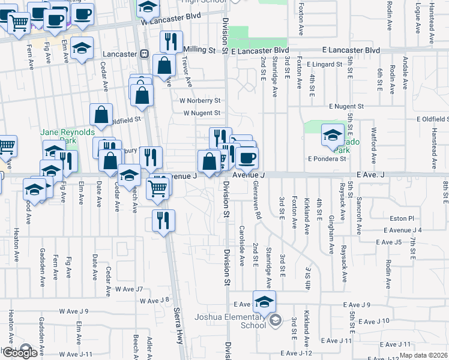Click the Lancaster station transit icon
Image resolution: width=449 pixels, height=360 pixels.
point(145,54)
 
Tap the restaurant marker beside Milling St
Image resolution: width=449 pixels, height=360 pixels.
point(171,42)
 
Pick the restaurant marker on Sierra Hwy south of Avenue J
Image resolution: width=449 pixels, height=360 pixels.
point(163,221)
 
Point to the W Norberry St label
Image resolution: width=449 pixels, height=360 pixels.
point(201,101)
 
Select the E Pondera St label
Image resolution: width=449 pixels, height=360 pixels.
point(327,159)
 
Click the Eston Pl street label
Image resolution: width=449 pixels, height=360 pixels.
point(402,219)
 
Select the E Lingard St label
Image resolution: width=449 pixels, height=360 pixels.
point(325,64)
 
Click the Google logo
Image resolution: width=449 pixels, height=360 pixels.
point(20,353)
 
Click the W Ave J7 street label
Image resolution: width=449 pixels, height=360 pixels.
point(129,289)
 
